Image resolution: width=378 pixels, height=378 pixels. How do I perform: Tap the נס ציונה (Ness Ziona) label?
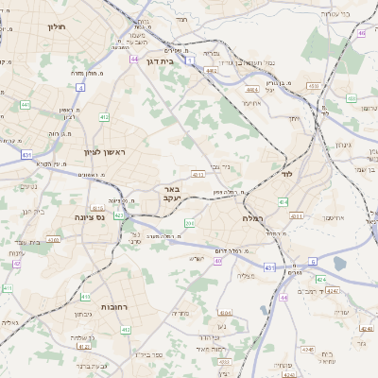point(88,216)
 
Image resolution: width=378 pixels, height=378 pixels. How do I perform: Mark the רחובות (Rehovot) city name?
point(114,307)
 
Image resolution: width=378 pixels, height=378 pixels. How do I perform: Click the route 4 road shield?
point(80,88)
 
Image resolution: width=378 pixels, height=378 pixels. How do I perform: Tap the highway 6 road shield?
point(312,262)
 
